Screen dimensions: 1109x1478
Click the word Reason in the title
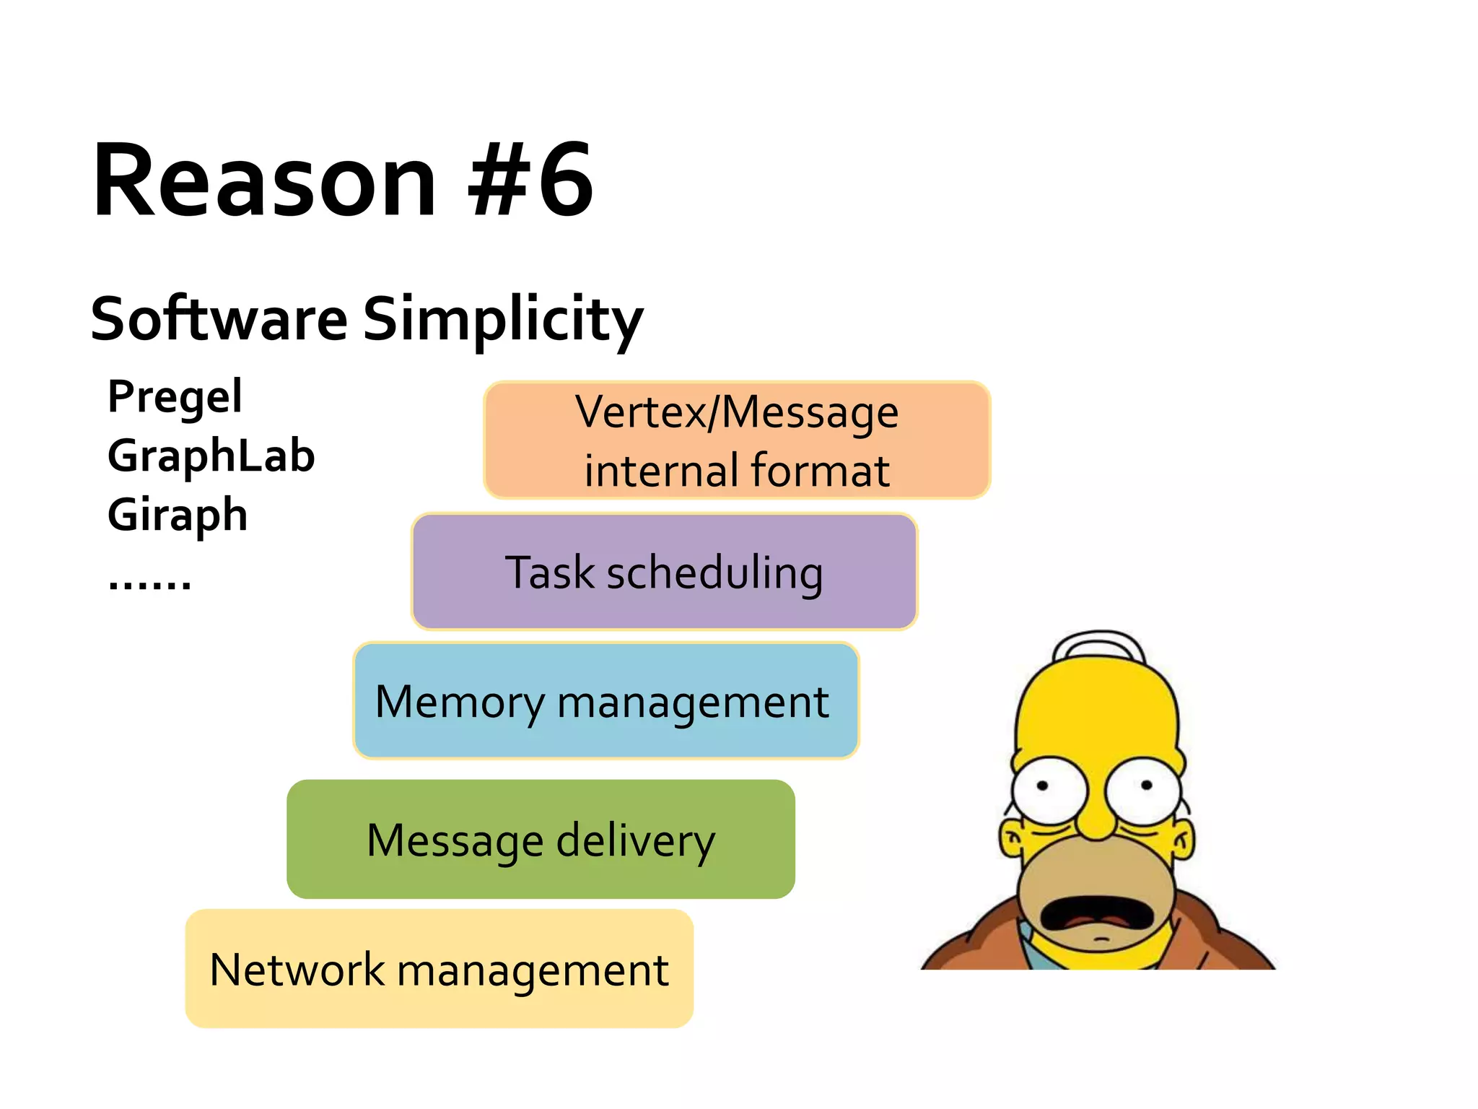point(264,181)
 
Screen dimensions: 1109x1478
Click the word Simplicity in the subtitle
point(502,319)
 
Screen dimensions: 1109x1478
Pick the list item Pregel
point(175,397)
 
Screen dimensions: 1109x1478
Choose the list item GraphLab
point(211,456)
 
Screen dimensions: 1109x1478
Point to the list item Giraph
point(178,516)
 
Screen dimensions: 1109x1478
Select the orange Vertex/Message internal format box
point(737,440)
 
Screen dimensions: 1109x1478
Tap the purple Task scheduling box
point(664,572)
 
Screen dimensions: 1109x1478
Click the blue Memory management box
point(605,701)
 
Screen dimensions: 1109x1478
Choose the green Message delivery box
point(541,840)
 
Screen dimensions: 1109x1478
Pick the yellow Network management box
point(439,969)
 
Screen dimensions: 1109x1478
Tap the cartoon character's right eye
point(1143,788)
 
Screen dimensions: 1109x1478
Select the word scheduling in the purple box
point(714,573)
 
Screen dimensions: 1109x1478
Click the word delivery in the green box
point(635,841)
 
